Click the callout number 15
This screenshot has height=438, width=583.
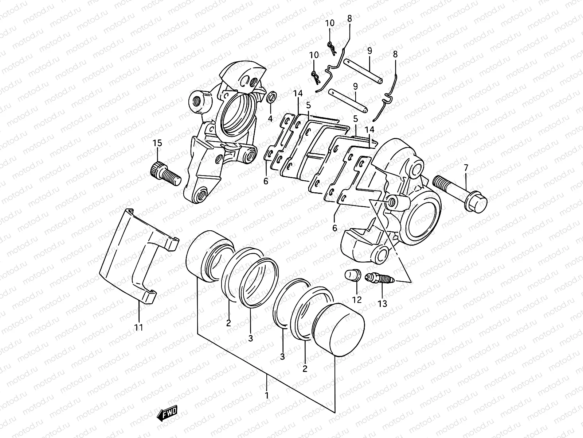(x=157, y=143)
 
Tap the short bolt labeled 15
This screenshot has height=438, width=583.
(x=165, y=174)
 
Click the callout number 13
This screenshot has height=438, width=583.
(x=382, y=303)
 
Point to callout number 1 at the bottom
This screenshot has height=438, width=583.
(x=267, y=395)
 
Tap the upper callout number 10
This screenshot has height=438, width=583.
(x=330, y=23)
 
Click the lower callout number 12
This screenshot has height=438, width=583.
(x=357, y=300)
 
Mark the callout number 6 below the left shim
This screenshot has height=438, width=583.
(x=266, y=181)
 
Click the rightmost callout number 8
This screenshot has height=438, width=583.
(x=395, y=54)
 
